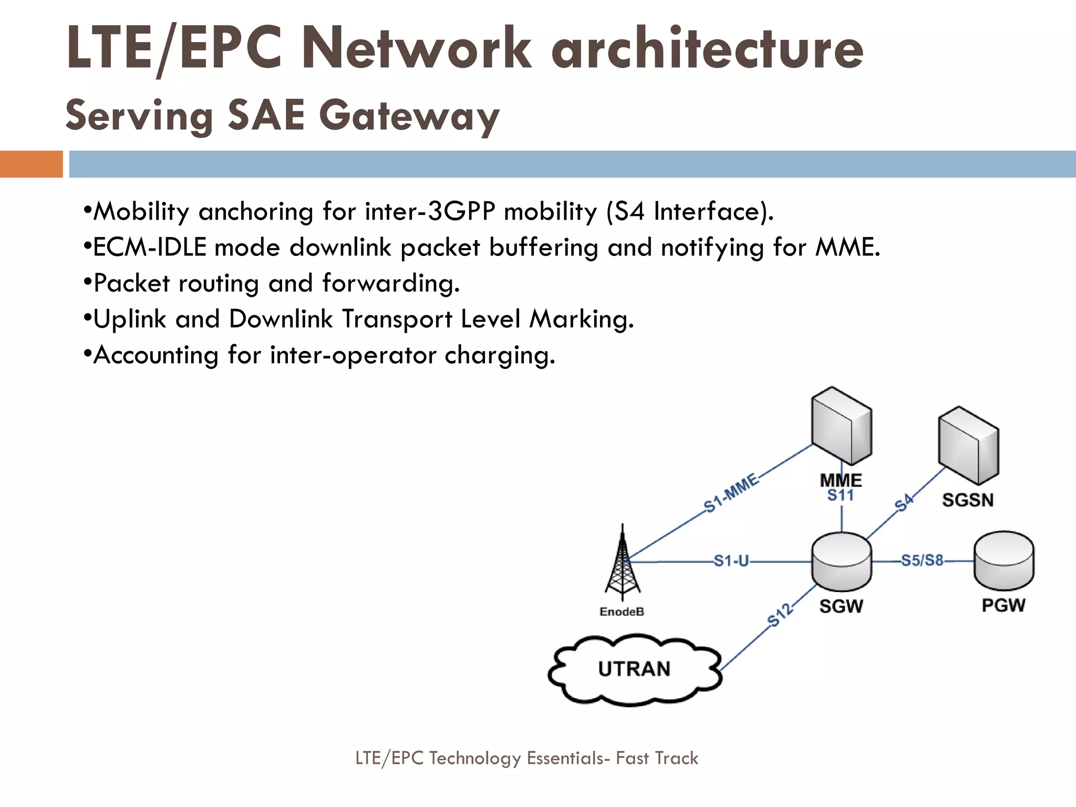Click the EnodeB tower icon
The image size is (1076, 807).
[623, 565]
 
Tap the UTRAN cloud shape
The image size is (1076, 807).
[634, 669]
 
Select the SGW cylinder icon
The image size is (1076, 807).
[841, 562]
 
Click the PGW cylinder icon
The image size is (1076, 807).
[1003, 561]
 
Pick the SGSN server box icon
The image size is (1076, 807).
[968, 446]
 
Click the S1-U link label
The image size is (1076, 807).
[731, 561]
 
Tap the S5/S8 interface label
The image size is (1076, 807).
[922, 560]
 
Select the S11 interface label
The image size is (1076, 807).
[841, 495]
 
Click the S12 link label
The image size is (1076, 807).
[780, 615]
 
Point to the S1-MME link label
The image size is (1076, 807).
[731, 493]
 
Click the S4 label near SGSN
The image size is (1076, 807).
[904, 503]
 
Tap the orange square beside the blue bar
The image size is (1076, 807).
[31, 164]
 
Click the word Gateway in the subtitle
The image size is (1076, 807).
[409, 116]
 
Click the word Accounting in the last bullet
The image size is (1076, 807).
[156, 355]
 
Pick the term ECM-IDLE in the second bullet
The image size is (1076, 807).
[150, 247]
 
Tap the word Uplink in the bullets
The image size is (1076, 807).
[130, 319]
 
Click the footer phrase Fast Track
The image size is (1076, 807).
[657, 758]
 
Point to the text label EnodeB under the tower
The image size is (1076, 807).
[622, 612]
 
